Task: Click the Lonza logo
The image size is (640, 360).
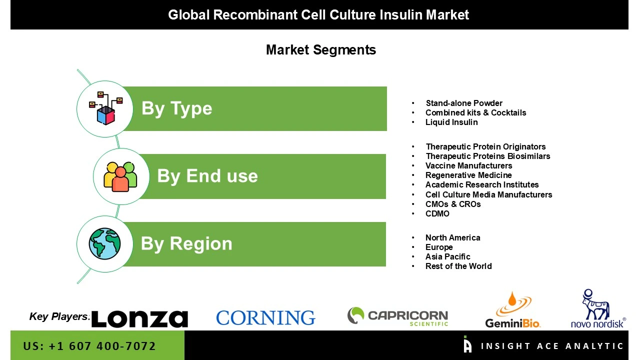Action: (x=139, y=318)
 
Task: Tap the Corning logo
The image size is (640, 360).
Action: (x=265, y=317)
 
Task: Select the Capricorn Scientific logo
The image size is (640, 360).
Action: (x=397, y=316)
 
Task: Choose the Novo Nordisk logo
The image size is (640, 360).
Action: (x=598, y=309)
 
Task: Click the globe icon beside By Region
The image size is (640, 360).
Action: (x=105, y=244)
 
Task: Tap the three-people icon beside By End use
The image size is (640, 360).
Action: (x=120, y=176)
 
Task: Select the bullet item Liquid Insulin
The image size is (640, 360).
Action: (x=451, y=122)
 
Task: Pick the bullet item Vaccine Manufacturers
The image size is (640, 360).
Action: (x=468, y=165)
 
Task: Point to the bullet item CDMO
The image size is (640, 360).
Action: (x=437, y=213)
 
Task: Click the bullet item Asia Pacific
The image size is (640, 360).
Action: (x=447, y=256)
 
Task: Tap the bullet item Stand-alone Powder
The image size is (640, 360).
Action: (x=464, y=103)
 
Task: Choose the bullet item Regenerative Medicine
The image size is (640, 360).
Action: (x=468, y=175)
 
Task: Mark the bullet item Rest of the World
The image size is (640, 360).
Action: (x=458, y=266)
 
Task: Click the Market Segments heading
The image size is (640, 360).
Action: (x=320, y=50)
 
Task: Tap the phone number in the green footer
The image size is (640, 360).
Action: (x=89, y=346)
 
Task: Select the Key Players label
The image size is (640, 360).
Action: (x=59, y=316)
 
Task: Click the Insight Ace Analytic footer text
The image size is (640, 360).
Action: (x=552, y=346)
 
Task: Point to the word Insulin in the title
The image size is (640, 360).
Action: (x=403, y=15)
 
